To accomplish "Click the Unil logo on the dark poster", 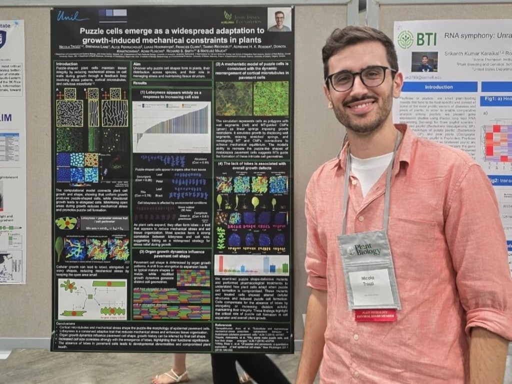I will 73,17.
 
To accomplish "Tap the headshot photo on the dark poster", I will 279,19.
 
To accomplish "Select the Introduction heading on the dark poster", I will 66,64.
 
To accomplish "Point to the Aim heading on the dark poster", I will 137,64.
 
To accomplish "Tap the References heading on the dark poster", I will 226,324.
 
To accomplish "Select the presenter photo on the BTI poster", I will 424,62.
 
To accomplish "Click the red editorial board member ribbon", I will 375,315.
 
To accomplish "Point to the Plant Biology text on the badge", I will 367,249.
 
